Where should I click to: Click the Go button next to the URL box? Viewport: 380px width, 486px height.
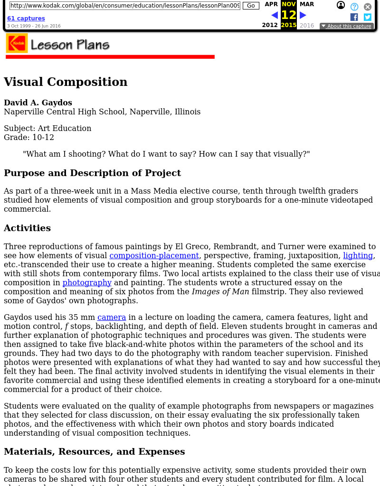[250, 6]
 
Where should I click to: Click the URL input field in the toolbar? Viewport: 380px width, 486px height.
[124, 6]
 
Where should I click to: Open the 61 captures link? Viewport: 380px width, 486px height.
[26, 19]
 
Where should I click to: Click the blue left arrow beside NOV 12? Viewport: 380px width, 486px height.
[275, 15]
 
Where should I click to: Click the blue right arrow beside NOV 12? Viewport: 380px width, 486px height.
[303, 15]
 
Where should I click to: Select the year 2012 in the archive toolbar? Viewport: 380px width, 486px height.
[270, 25]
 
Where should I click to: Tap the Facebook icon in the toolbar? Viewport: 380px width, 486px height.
[354, 17]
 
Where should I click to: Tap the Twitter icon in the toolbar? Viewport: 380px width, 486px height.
[368, 17]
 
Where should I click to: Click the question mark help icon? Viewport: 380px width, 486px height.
[354, 7]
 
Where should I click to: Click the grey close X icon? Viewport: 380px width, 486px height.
[368, 7]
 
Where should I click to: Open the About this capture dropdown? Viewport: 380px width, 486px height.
[346, 26]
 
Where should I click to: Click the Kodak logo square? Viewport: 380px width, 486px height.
[17, 43]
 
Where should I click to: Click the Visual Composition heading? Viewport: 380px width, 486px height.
[66, 82]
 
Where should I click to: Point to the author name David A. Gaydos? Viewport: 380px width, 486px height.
[38, 103]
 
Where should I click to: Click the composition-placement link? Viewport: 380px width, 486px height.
[154, 255]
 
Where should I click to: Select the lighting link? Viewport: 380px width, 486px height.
[358, 255]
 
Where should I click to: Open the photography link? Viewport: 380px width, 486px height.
[87, 282]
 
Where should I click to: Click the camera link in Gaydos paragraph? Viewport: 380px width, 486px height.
[112, 317]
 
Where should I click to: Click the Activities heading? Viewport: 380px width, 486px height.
[27, 228]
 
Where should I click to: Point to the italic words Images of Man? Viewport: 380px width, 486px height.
[220, 291]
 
